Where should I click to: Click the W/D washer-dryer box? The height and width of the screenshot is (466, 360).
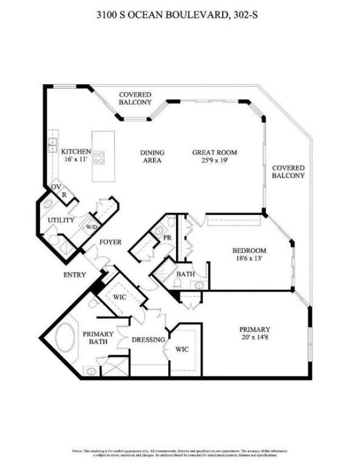pos(91,227)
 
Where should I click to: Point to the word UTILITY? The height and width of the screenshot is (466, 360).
pos(61,220)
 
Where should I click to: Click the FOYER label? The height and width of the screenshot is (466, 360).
pos(111,242)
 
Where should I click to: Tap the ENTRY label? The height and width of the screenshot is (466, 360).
pos(74,275)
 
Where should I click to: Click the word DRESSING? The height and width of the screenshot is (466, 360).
pos(148,340)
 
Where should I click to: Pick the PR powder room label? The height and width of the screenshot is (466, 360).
pos(166,238)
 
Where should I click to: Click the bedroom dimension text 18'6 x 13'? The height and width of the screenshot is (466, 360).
pos(250,259)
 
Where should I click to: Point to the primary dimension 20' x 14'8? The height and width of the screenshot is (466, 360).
pos(255,337)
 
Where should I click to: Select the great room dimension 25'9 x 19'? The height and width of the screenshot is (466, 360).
pos(214,160)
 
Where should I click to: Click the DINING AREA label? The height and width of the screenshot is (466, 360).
pos(152,156)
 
